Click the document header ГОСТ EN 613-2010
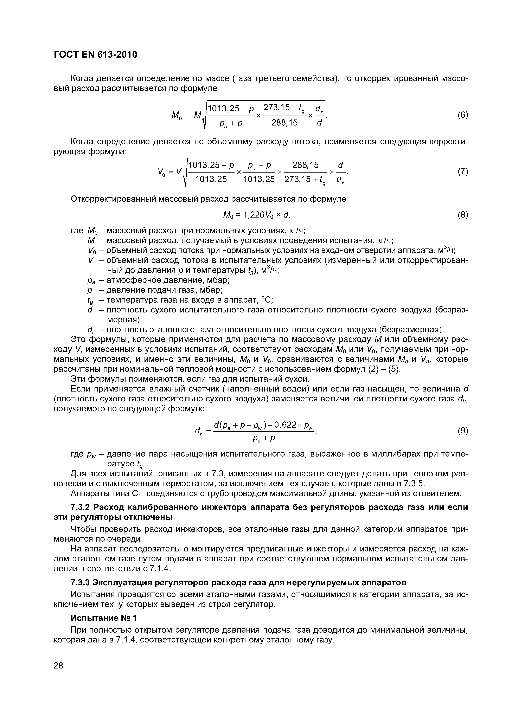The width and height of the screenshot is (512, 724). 96,55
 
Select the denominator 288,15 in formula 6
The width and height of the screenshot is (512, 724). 284,123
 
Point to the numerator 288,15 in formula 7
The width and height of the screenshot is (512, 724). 305,165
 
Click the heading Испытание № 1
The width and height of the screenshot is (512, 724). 104,618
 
